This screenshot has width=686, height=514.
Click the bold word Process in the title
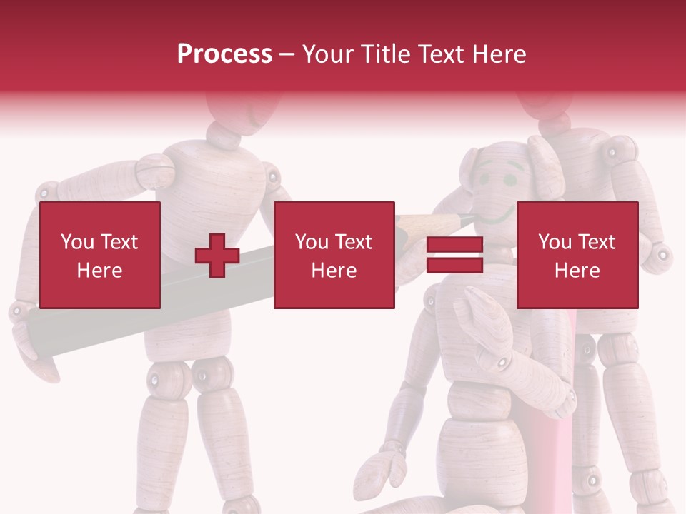click(x=224, y=54)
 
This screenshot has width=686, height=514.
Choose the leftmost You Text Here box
click(x=99, y=255)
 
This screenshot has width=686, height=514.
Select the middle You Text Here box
click(x=334, y=255)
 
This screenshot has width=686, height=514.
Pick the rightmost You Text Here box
click(x=577, y=255)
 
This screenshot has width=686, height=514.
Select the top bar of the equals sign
click(x=454, y=245)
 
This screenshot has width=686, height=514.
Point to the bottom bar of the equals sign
click(x=454, y=266)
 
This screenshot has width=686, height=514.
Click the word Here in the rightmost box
click(x=577, y=270)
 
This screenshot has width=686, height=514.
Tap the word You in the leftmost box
click(x=76, y=241)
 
